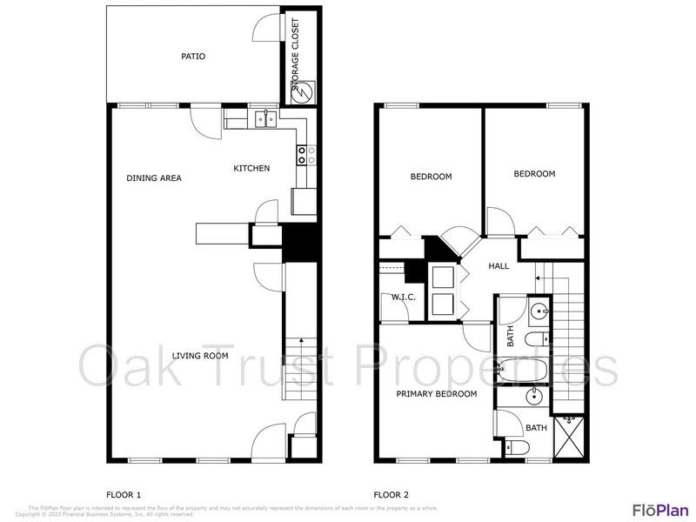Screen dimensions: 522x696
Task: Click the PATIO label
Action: point(193,57)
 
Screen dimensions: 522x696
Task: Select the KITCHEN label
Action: point(251,168)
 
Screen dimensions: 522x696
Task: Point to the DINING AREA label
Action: point(154,178)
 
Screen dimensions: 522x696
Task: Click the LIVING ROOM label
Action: point(200,355)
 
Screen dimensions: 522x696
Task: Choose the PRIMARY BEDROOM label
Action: point(437,394)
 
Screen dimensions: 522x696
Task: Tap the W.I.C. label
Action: point(403,298)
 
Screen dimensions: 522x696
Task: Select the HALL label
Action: point(499,266)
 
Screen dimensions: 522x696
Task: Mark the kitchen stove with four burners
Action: point(306,155)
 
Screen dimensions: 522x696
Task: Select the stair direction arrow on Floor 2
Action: point(539,278)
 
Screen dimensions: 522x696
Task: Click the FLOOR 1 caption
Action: point(124,495)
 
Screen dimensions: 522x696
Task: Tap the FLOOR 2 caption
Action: point(391,495)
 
